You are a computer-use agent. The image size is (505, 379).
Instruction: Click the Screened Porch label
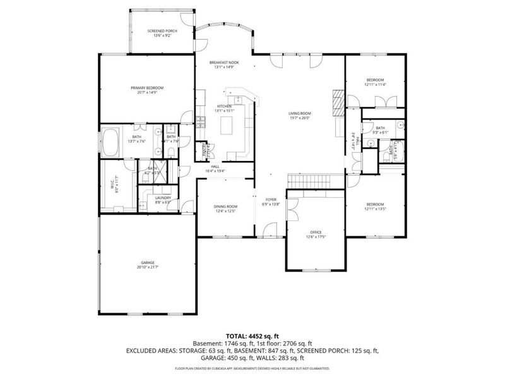coord(162,33)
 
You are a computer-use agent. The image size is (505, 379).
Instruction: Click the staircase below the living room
coord(309,181)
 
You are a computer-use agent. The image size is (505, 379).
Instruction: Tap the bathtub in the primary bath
coord(112,142)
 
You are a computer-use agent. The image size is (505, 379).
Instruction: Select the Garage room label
coord(147,265)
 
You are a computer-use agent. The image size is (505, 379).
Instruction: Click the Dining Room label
coord(225,208)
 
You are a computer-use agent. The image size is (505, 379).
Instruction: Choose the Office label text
coord(316,234)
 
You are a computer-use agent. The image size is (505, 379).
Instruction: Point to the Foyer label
coord(271,201)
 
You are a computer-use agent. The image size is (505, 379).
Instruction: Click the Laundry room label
coord(163,200)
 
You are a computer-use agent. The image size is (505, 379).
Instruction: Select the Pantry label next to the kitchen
coord(205,149)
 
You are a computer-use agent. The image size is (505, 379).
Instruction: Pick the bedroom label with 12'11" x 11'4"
coord(375,82)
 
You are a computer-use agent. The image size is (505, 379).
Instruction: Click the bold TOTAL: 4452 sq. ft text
coord(252,335)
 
